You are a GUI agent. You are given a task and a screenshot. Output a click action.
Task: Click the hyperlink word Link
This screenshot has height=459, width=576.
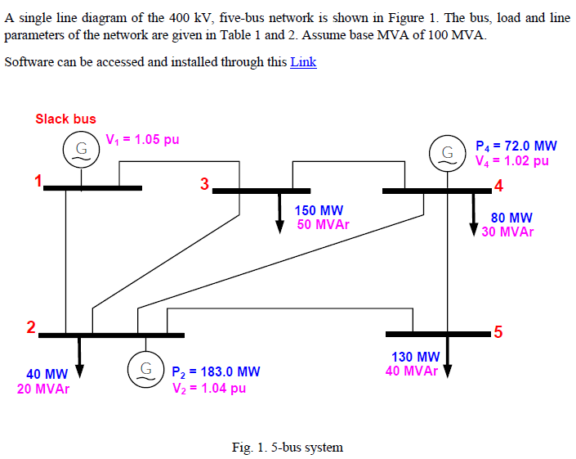[x=303, y=62]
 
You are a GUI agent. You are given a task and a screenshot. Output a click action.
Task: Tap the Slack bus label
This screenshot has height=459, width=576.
[x=65, y=119]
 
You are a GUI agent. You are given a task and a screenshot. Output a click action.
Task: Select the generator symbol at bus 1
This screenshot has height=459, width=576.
[x=81, y=149]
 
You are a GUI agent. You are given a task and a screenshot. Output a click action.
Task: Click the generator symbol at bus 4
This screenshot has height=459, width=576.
[x=447, y=153]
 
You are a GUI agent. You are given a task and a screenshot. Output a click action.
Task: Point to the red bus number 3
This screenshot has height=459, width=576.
[x=204, y=182]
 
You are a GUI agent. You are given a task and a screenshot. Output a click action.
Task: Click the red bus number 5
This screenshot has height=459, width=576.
[x=498, y=332]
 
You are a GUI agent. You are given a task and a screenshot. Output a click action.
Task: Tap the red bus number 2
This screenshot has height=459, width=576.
[x=30, y=328]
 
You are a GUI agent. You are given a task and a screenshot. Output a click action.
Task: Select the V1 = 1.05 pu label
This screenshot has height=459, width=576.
[x=143, y=139]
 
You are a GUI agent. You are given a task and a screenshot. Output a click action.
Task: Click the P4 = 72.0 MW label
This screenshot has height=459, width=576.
[x=516, y=146]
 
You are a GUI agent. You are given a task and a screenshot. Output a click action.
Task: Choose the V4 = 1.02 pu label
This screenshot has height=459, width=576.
[x=512, y=161]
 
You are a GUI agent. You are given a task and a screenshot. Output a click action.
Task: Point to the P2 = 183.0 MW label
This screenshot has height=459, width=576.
[x=217, y=372]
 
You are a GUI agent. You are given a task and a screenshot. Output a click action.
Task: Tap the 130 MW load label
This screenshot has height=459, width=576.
[x=416, y=357]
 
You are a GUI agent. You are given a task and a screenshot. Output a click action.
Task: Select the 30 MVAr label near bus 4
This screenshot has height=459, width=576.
[x=507, y=232]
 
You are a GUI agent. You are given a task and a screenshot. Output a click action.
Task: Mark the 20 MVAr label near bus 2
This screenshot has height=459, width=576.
[x=43, y=389]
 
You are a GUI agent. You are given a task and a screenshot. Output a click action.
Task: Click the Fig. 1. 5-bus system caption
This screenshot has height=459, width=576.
[x=288, y=447]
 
